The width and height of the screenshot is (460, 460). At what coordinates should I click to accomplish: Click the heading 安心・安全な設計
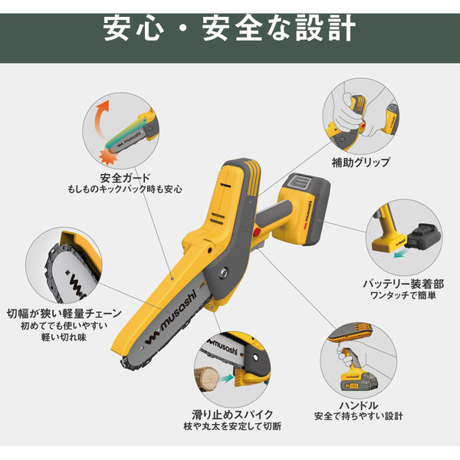[x=230, y=28]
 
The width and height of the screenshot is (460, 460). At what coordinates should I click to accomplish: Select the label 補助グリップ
[x=360, y=163]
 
